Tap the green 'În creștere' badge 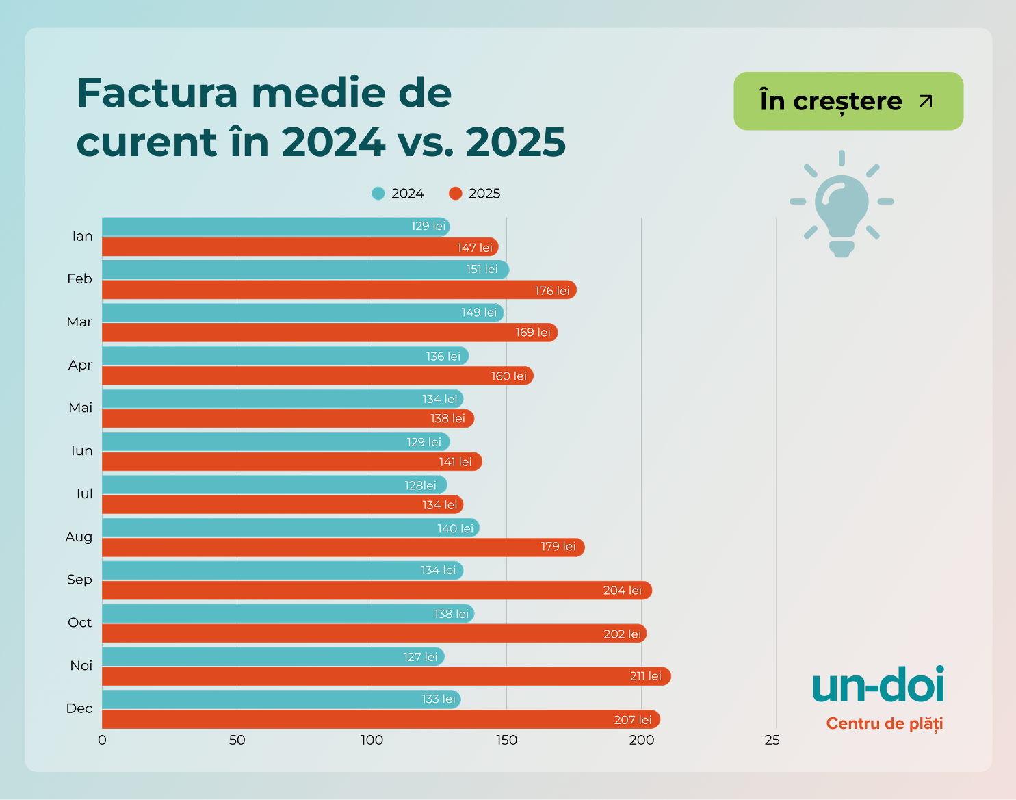(848, 101)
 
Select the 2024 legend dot (378, 194)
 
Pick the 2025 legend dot (456, 194)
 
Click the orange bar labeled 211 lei (386, 676)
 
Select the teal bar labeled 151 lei (305, 270)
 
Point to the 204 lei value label (622, 590)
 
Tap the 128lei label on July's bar (420, 485)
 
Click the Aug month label (79, 537)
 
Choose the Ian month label (82, 236)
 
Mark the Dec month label (79, 708)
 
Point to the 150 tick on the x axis (506, 740)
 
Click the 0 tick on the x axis (102, 740)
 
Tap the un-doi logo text (878, 686)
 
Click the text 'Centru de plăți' (884, 723)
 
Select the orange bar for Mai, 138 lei (287, 419)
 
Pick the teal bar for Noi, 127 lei (273, 657)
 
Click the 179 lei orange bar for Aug (343, 547)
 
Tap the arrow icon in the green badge (926, 101)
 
